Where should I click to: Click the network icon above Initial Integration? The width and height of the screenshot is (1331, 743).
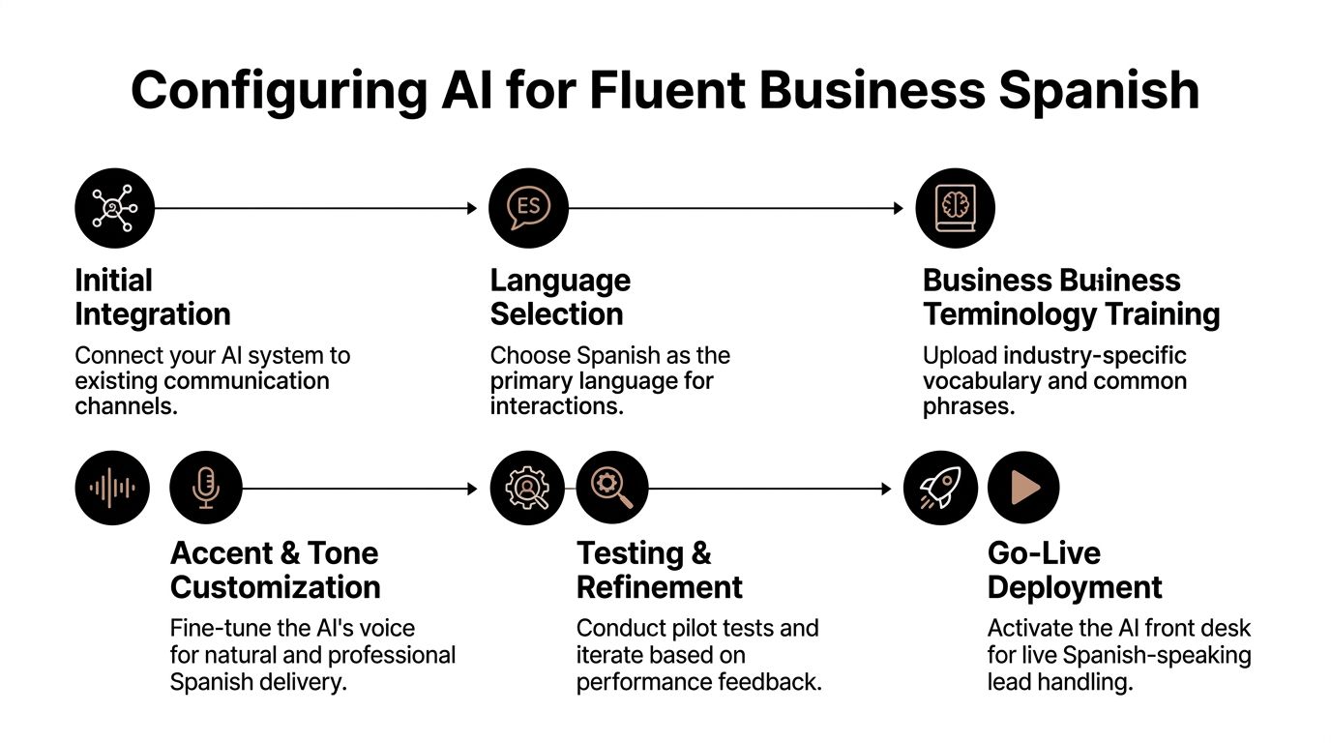(114, 208)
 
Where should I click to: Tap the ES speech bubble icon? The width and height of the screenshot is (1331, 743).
(529, 208)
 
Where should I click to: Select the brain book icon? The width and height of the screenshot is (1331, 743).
(955, 208)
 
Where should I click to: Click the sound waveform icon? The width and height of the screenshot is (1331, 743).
(113, 489)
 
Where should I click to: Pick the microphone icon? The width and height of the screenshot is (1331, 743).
(205, 489)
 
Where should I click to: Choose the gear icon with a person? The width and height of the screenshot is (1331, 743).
(527, 489)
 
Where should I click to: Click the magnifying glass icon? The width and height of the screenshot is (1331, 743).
(612, 489)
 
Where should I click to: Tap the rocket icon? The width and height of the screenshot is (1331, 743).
(939, 489)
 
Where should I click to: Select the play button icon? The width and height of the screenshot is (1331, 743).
(1023, 489)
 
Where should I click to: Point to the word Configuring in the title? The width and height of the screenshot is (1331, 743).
(279, 90)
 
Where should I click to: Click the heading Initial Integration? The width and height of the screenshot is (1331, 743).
(152, 297)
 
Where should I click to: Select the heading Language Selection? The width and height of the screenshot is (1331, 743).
(560, 297)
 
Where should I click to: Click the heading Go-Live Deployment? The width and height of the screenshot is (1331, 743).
(1074, 570)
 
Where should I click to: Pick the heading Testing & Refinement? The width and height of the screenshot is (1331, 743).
(659, 570)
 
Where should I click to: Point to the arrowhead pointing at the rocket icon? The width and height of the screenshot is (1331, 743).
(886, 490)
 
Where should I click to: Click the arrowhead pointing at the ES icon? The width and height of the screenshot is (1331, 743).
(472, 208)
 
